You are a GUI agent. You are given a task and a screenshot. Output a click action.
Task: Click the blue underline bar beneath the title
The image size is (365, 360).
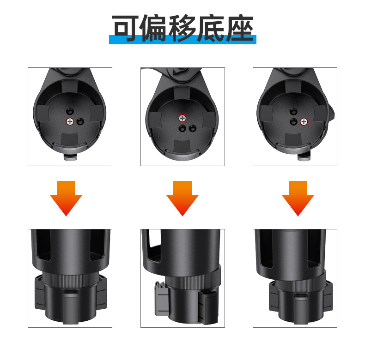(182, 41)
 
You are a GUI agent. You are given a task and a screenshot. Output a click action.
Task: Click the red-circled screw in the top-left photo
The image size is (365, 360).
(69, 121)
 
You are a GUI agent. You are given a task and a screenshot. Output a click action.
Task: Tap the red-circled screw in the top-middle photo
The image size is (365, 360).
(182, 118)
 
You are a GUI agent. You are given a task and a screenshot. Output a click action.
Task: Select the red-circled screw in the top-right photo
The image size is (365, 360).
(304, 121)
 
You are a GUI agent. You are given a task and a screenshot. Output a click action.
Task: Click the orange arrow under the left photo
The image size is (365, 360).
(66, 198)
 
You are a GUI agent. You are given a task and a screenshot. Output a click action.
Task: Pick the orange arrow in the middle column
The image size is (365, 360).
(182, 198)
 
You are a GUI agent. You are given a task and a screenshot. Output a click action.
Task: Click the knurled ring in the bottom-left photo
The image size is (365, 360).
(70, 280)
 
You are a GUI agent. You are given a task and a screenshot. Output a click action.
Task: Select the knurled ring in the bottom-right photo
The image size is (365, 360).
(296, 280)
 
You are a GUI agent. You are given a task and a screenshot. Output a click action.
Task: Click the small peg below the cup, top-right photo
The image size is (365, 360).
(303, 157)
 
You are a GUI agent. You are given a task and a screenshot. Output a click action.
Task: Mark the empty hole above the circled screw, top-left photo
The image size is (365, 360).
(69, 111)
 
